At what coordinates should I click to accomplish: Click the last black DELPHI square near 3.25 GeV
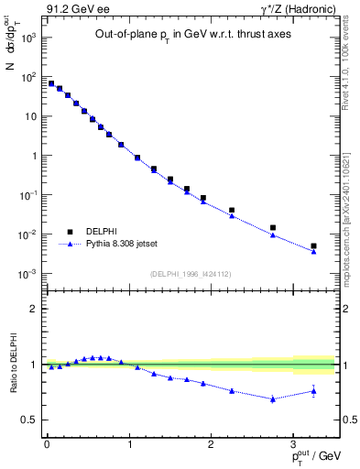(x=313, y=245)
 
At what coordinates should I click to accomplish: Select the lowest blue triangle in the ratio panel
(x=273, y=399)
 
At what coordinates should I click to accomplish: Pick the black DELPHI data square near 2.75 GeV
(x=273, y=227)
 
